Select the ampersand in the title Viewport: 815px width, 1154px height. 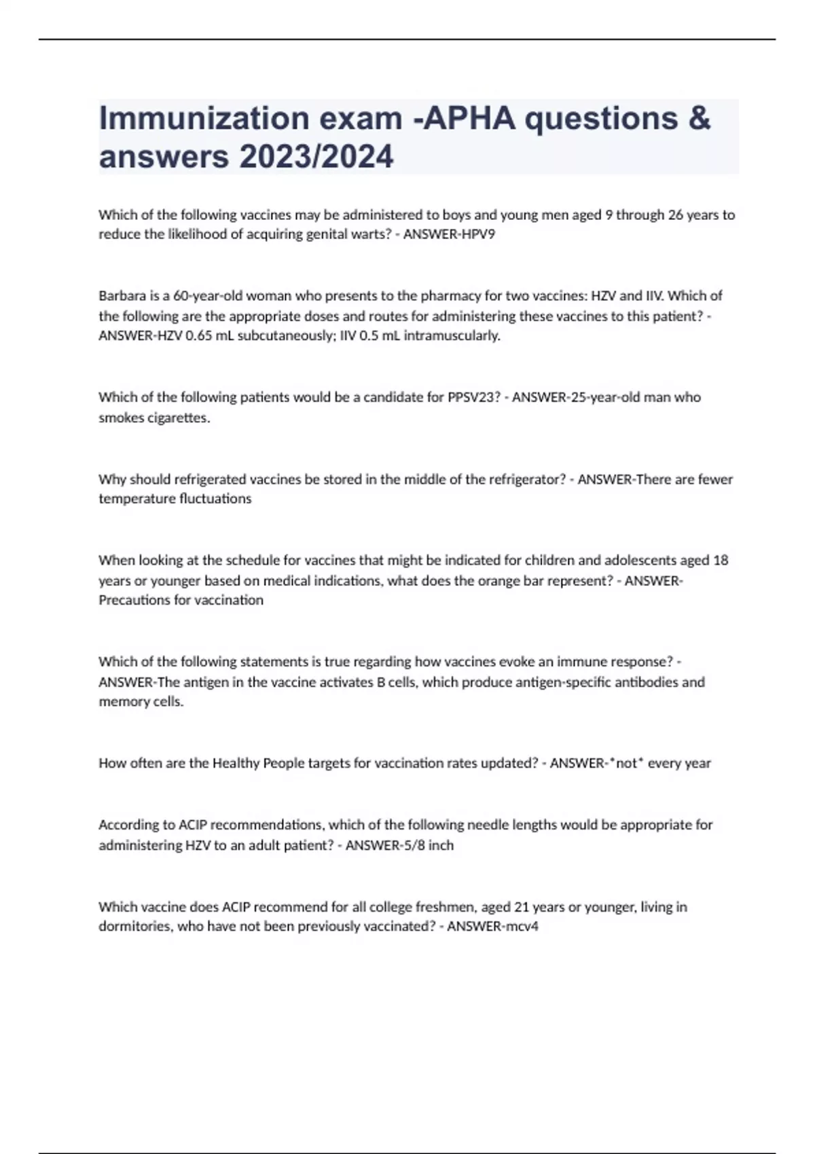point(699,118)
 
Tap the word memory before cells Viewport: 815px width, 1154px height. point(122,702)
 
